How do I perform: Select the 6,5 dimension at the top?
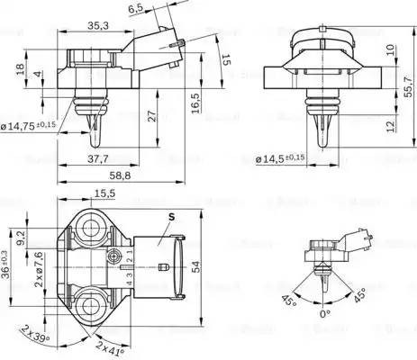click(136, 8)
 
